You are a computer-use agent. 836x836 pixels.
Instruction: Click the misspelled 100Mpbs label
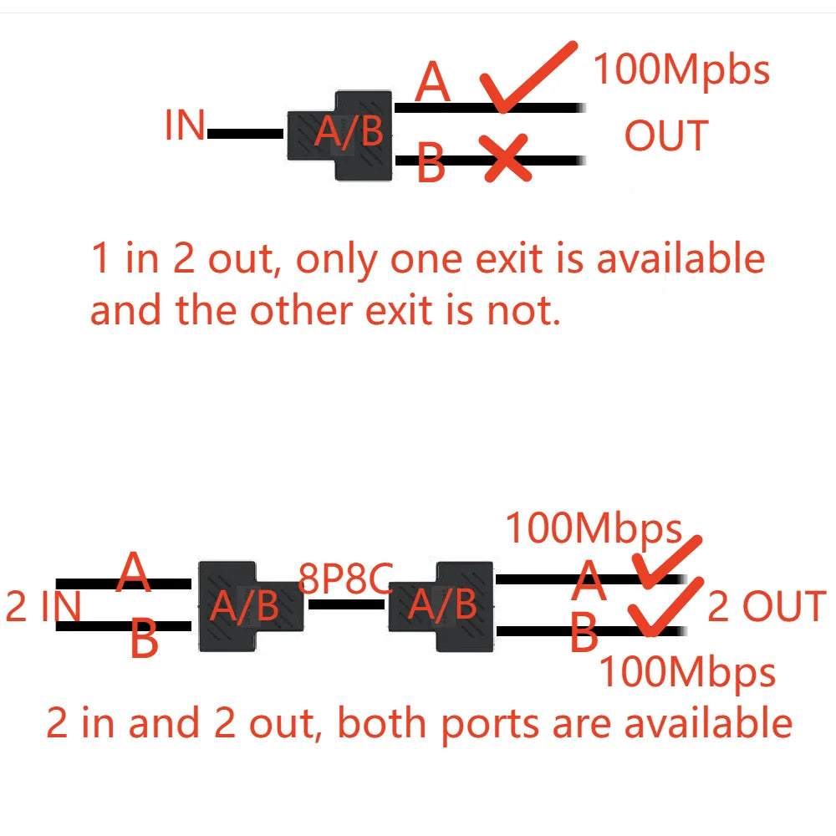[681, 69]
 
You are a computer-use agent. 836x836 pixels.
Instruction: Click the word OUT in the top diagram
[666, 136]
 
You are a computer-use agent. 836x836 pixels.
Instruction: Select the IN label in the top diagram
[185, 126]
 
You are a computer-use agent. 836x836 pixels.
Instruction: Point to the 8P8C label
[345, 579]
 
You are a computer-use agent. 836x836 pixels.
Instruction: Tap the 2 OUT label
[766, 607]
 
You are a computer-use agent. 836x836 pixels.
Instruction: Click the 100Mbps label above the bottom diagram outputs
[594, 529]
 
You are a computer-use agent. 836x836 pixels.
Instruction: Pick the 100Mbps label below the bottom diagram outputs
[687, 671]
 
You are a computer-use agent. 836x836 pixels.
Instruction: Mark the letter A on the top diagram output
[433, 83]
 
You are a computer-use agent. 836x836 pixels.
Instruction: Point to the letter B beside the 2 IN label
[144, 642]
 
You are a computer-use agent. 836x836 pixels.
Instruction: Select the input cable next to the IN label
[246, 134]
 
